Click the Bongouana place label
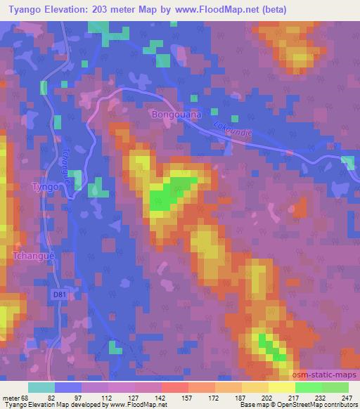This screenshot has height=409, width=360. tap(176, 112)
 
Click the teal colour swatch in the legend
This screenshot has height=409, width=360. tap(41, 387)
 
